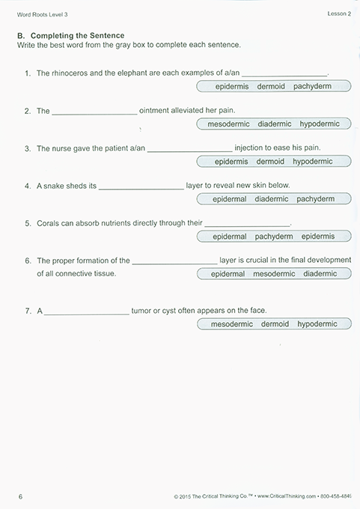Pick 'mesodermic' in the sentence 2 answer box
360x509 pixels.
click(229, 124)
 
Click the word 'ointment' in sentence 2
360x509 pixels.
click(155, 111)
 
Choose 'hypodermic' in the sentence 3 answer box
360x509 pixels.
click(312, 161)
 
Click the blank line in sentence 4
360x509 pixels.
click(141, 187)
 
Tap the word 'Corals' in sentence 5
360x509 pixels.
click(49, 223)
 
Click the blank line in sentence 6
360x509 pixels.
click(174, 263)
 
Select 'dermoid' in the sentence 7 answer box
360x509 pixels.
click(275, 324)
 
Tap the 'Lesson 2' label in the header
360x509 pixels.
click(339, 13)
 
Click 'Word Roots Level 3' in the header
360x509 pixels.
click(44, 13)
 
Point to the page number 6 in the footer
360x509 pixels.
click(20, 496)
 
